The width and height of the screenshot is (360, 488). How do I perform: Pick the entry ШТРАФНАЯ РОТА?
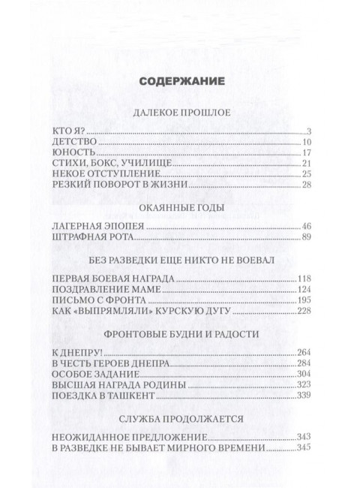click(97, 236)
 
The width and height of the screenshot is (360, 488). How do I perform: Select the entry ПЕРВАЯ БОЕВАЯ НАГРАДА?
click(115, 278)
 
